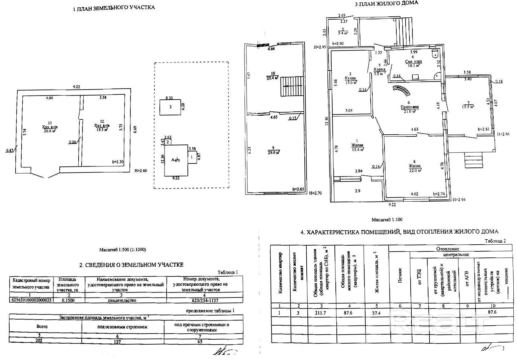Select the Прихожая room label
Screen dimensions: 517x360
[409, 107]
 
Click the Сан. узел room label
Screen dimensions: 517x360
[414, 62]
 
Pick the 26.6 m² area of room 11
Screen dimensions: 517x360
[49, 131]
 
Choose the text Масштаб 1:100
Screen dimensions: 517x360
[387, 220]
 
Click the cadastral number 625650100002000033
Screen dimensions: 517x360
[31, 300]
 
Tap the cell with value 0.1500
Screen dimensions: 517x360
[69, 300]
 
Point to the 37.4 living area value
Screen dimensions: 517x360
[376, 313]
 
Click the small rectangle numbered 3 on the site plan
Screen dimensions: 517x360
[170, 107]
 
